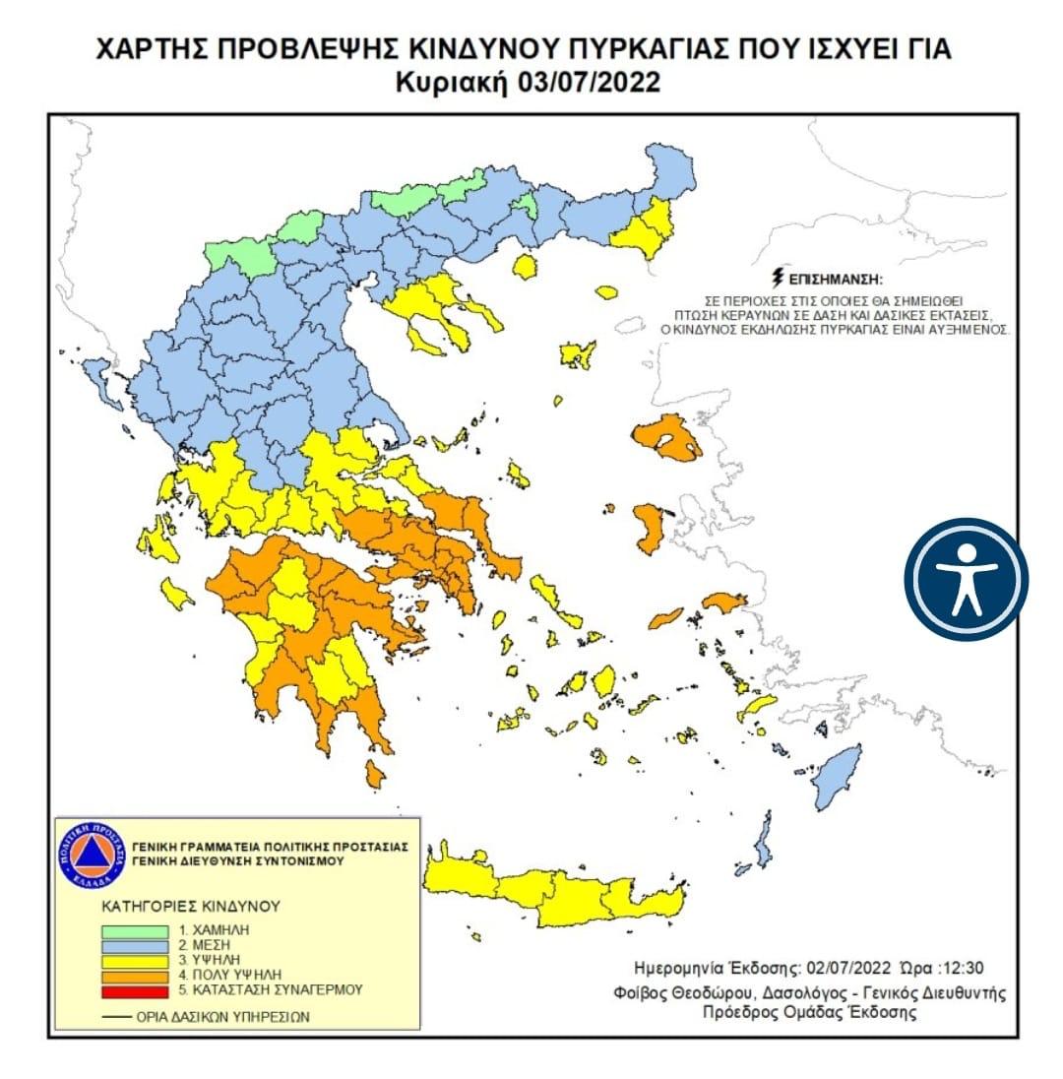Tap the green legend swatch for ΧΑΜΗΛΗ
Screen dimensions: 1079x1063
pos(134,928)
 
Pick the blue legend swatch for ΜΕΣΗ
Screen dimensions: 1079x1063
pos(134,943)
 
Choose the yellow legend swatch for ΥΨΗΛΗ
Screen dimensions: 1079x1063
pos(134,958)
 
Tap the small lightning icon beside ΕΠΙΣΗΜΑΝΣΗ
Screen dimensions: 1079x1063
pos(781,280)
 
